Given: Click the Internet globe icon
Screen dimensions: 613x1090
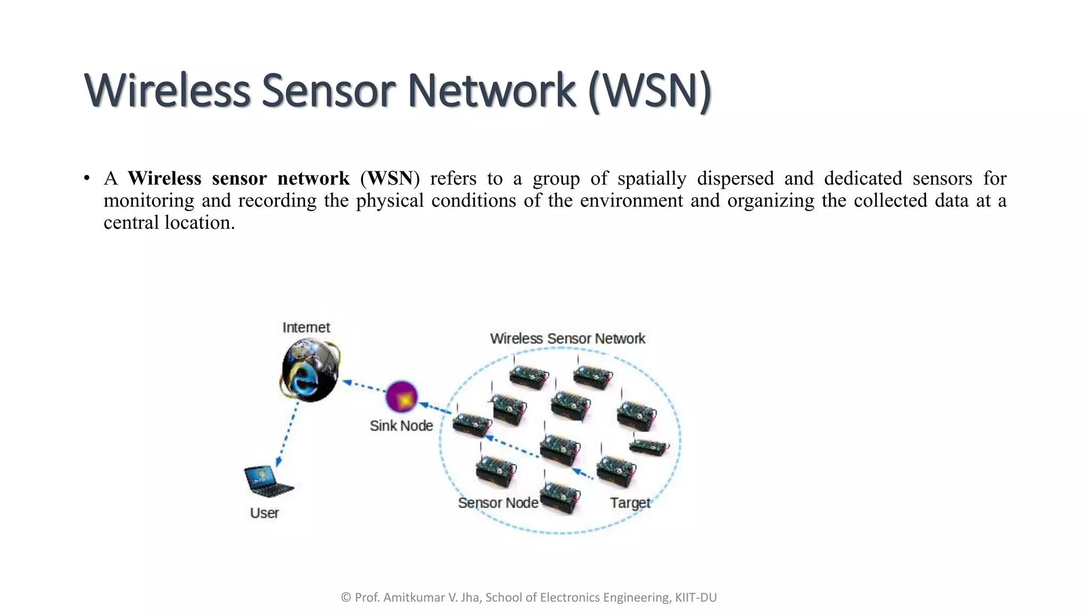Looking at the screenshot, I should coord(310,371).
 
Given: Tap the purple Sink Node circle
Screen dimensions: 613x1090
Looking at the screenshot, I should coord(401,396).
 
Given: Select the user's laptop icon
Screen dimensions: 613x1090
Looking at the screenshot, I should coord(267,481).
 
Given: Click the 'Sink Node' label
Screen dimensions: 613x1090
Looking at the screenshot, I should coord(401,426).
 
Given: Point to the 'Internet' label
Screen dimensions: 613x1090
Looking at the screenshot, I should coord(306,327).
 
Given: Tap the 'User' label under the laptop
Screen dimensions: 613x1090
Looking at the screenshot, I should coord(265,513).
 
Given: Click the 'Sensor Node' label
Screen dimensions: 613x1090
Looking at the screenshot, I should coord(498,503).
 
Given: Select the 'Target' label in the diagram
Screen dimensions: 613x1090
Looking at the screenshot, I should coord(630,503).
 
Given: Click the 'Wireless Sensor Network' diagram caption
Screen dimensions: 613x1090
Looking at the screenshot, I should coord(567,338).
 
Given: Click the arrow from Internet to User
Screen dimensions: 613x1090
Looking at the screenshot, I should coord(288,434).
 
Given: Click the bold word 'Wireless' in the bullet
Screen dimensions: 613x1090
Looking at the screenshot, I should coord(164,178).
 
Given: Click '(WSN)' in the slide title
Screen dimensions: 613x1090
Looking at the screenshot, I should coord(650,90).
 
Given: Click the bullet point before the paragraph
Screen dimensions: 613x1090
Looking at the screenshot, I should coord(86,178).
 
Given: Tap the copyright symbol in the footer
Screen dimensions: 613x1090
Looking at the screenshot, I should coord(345,598).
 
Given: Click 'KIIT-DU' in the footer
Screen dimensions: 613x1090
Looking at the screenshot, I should coord(696,598).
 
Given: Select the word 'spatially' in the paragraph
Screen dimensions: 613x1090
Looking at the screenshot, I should coord(651,178).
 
